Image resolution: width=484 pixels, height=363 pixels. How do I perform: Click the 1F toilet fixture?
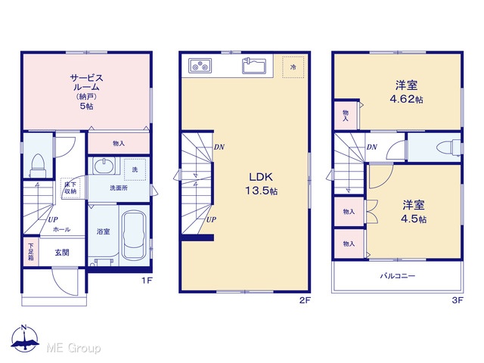point(38,166)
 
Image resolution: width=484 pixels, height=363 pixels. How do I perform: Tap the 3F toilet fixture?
point(448,147)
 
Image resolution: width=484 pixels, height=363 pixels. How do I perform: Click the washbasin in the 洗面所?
point(104,166)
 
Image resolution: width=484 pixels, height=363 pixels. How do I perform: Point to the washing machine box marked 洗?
point(135,169)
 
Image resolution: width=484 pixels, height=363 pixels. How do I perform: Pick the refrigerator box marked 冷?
point(293,67)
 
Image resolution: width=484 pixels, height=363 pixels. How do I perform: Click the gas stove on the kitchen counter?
point(200,66)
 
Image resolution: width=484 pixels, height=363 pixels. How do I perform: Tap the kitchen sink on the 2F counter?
point(254,66)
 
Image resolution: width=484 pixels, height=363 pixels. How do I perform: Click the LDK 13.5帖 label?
point(261,184)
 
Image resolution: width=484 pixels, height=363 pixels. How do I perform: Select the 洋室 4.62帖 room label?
point(407,92)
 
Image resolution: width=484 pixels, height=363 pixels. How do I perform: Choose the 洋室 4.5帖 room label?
point(414,212)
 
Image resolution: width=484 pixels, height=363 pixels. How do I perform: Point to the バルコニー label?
point(398,275)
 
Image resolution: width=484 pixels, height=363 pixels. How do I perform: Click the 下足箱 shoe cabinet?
point(31,252)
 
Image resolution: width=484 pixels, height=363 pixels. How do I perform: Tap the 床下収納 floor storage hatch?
point(70,188)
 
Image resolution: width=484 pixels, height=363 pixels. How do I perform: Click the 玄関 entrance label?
point(62,253)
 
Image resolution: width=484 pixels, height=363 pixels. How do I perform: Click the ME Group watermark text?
point(73,348)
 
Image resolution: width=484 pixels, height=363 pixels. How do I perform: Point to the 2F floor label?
point(304,300)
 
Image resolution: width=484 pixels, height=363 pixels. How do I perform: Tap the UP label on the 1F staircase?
point(53,219)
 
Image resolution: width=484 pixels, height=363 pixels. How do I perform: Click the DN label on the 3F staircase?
point(372,147)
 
